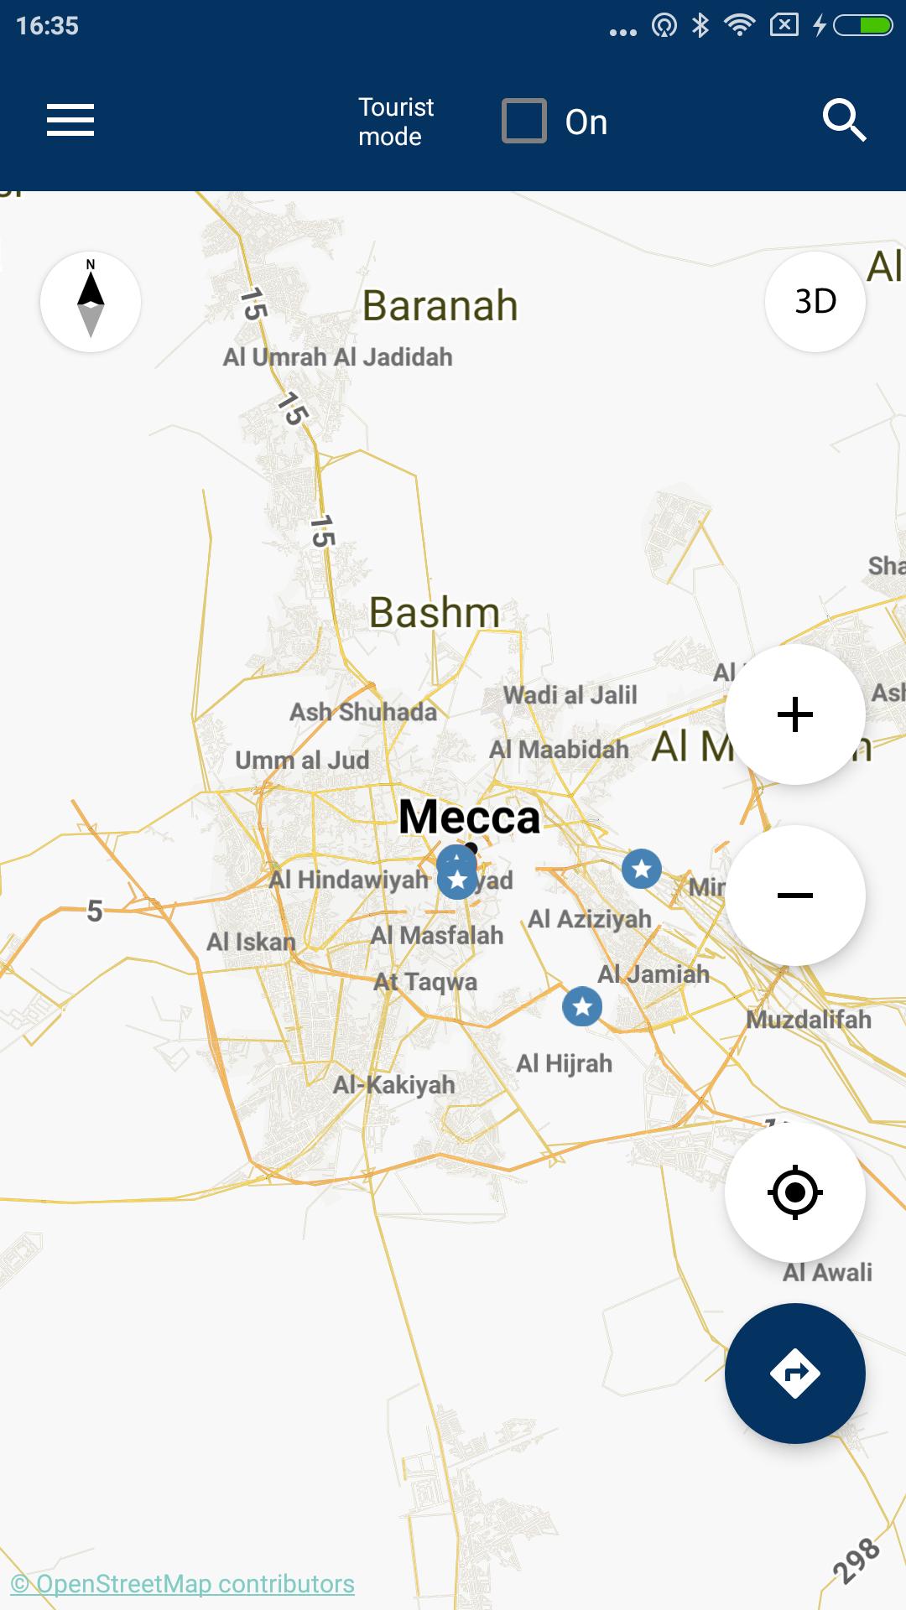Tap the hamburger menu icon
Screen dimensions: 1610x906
click(70, 120)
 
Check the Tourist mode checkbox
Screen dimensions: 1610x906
click(524, 121)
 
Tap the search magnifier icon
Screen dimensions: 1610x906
click(843, 121)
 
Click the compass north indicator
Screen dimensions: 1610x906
click(91, 302)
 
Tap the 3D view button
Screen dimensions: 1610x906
click(815, 302)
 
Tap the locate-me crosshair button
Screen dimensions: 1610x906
click(794, 1192)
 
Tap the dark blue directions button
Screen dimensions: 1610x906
click(794, 1374)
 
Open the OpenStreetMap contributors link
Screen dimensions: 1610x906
click(183, 1584)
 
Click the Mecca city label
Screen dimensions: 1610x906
click(469, 817)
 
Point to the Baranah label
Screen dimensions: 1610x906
click(440, 305)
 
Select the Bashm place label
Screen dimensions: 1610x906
click(434, 612)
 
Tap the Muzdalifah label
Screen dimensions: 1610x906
click(809, 1020)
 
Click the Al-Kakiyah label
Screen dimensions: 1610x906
click(393, 1085)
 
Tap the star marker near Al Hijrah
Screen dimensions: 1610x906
click(582, 1006)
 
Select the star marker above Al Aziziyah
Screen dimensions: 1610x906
click(642, 869)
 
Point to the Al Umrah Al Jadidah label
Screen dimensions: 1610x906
click(337, 357)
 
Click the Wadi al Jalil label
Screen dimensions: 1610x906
click(570, 695)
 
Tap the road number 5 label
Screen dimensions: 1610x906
click(95, 911)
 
